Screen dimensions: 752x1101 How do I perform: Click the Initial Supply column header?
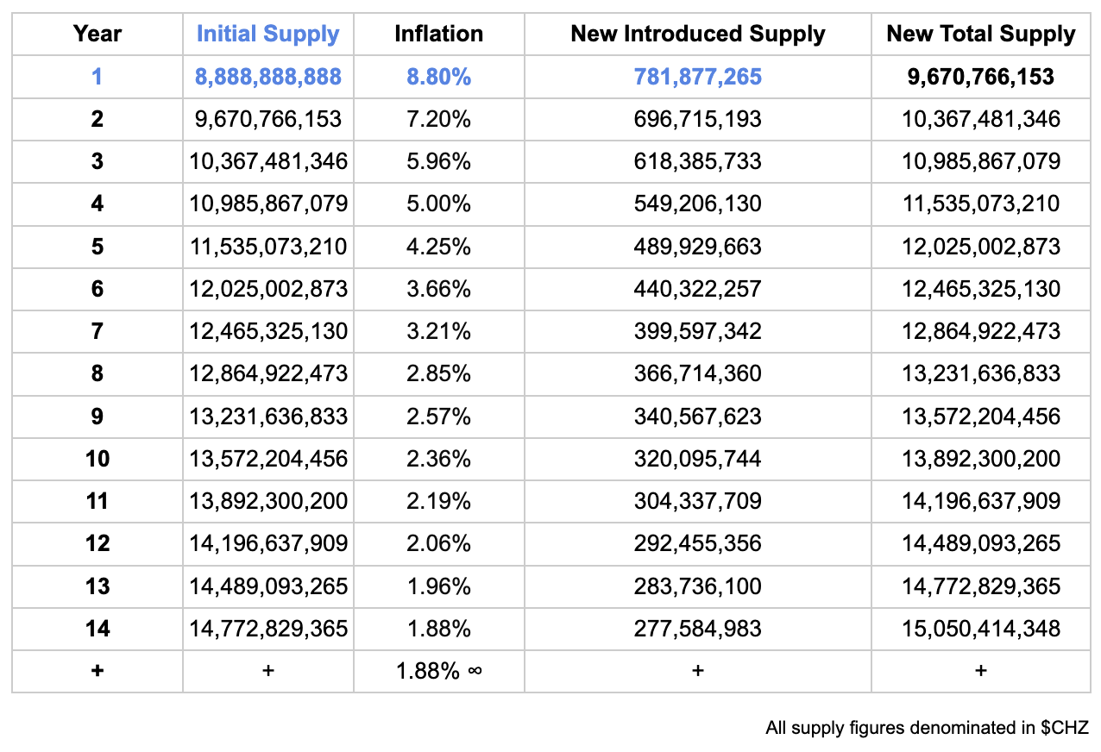267,34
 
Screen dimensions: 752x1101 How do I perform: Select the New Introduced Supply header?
697,34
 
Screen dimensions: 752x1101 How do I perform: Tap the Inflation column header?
438,34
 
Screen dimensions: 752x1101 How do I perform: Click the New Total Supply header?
980,34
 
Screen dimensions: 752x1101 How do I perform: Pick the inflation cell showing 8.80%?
438,77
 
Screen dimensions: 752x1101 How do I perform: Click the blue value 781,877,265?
697,77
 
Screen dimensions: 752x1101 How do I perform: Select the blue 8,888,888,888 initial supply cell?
267,77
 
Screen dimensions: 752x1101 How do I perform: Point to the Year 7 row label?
97,331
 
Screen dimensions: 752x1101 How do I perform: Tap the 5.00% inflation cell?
438,204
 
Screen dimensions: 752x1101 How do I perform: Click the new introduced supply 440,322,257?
697,289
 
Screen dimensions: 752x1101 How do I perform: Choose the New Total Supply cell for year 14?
980,629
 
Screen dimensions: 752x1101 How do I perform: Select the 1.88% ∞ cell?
438,671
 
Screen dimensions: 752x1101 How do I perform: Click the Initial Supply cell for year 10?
267,459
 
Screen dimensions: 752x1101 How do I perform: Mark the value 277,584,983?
697,629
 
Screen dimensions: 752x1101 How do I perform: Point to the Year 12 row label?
97,543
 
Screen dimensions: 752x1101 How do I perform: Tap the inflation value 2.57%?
438,417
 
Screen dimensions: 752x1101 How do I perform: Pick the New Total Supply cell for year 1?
980,77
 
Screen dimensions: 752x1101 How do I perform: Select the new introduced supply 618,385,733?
697,161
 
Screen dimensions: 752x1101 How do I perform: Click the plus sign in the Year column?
97,671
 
